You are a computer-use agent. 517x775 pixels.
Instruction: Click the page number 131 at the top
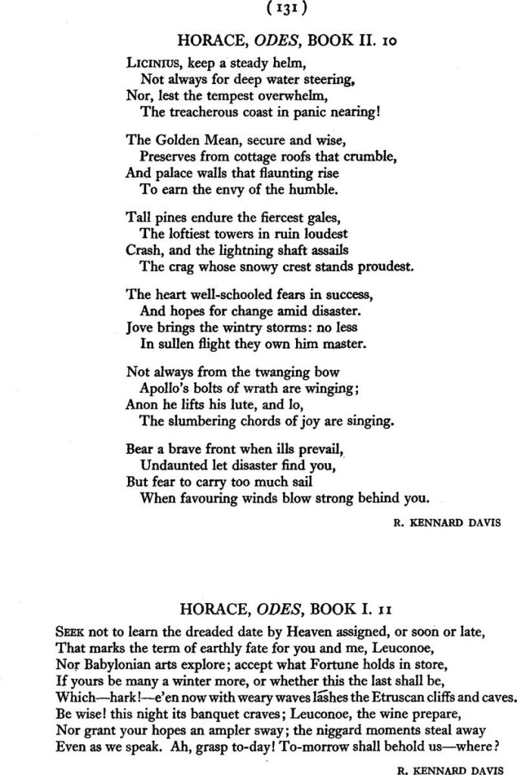(258, 11)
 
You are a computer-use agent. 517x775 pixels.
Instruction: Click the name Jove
(139, 328)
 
